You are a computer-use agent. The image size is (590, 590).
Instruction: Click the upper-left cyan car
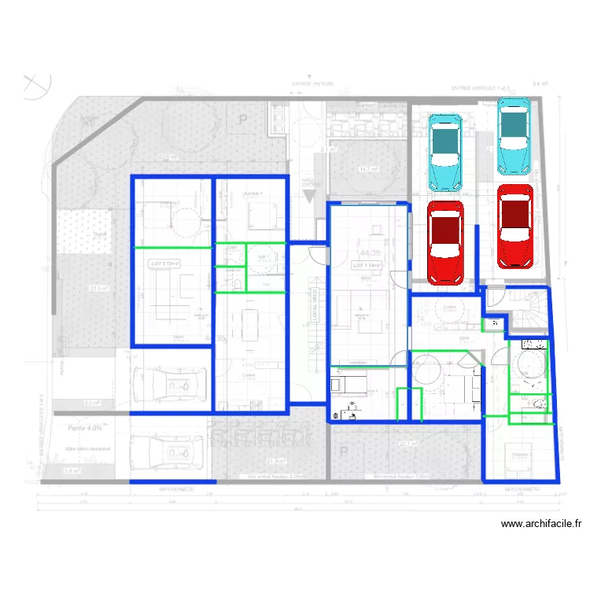[444, 152]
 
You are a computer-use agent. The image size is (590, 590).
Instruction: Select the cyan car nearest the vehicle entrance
[514, 136]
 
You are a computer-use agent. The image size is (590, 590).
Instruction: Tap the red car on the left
[445, 242]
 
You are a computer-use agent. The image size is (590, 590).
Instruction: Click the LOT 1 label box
[367, 266]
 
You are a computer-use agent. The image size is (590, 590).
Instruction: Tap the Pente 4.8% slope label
[85, 429]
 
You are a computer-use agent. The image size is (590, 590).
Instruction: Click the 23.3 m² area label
[98, 288]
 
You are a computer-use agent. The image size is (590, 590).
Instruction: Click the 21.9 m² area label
[277, 461]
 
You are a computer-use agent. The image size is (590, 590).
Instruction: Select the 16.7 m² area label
[367, 168]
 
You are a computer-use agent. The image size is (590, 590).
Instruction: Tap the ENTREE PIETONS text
[313, 83]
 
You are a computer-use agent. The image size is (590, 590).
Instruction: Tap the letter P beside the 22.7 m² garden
[344, 452]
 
